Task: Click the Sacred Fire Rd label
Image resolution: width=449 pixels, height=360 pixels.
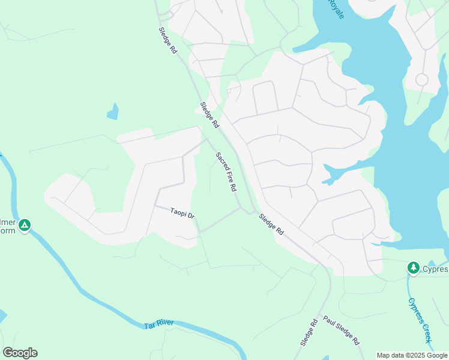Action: (226, 172)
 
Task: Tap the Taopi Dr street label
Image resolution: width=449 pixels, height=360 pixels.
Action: (182, 213)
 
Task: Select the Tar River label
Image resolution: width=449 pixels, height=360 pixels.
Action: (159, 325)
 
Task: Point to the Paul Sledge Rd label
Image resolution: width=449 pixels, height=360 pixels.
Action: (341, 331)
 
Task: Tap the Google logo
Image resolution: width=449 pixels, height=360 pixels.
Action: (20, 353)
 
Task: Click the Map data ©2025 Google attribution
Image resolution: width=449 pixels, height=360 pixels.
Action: (412, 355)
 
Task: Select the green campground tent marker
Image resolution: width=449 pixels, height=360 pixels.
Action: (24, 226)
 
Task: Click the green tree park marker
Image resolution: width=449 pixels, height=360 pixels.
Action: (413, 268)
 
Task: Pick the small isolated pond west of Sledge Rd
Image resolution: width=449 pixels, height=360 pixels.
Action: (112, 112)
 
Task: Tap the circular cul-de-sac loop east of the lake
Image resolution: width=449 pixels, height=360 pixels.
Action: (422, 79)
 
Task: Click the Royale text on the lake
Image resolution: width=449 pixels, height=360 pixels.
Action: (337, 9)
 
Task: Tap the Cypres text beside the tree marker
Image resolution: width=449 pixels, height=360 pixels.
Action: (435, 268)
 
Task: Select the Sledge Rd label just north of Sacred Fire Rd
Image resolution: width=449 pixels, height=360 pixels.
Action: (209, 115)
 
